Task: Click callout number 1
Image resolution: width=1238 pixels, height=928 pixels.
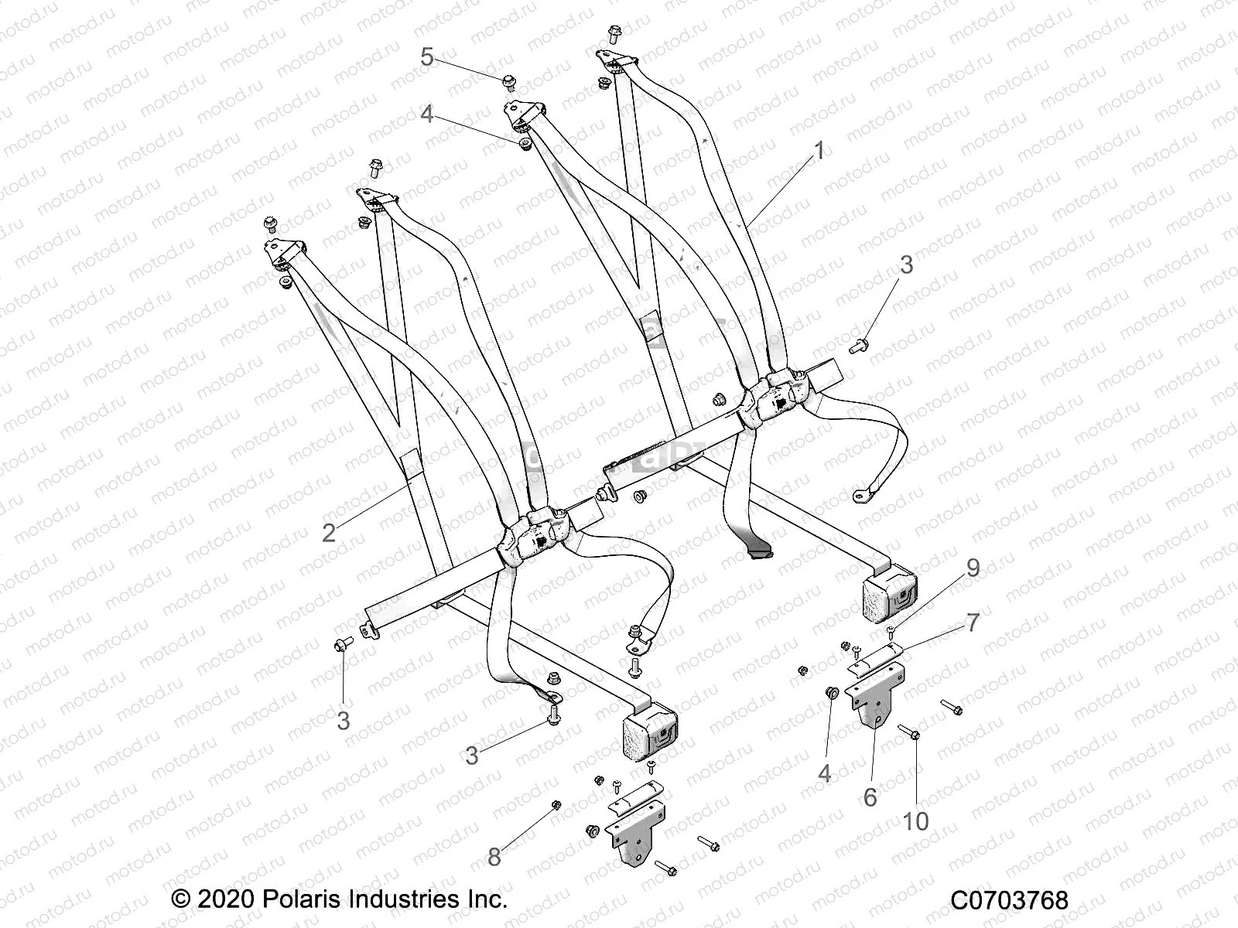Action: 819,150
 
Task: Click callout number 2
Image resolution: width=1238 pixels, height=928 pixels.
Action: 329,532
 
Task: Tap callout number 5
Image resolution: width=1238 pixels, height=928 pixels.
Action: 427,56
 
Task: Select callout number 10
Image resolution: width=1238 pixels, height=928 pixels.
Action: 915,821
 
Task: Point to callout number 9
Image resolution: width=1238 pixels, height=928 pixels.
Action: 973,568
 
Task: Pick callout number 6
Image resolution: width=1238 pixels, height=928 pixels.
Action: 870,797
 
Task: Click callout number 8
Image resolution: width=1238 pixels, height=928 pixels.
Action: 494,856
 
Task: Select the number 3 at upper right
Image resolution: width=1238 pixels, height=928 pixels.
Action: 906,264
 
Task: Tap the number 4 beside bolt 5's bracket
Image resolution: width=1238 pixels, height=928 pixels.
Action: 427,114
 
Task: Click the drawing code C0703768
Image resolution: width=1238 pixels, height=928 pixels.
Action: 1009,900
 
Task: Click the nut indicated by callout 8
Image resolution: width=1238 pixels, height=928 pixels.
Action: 556,806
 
